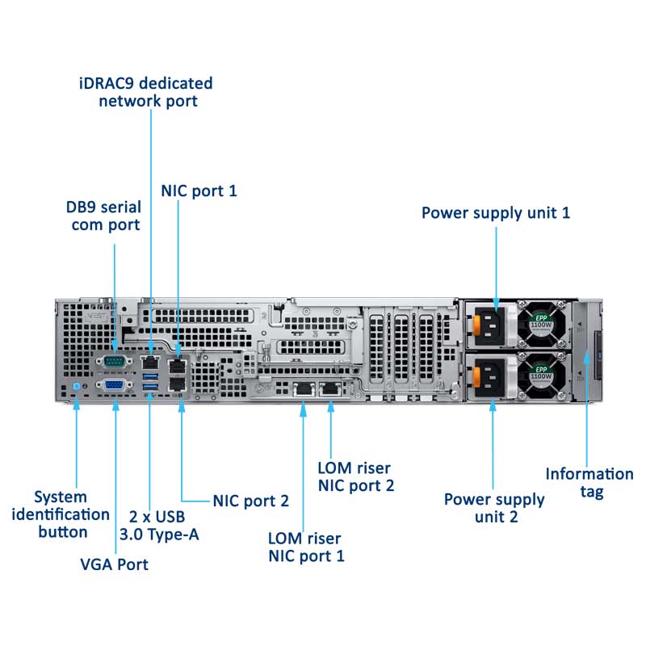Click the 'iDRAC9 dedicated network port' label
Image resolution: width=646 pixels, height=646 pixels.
point(145,92)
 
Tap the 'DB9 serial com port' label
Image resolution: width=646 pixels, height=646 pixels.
point(105,216)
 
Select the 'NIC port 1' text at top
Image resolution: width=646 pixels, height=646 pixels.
point(199,191)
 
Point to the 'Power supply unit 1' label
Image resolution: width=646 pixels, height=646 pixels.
point(496,213)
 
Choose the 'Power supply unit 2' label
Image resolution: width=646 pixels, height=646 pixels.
point(494,508)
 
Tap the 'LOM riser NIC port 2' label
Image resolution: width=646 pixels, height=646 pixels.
point(355,476)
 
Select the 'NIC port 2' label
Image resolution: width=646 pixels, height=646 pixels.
point(250,501)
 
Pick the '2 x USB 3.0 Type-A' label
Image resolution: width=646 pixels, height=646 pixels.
point(157,525)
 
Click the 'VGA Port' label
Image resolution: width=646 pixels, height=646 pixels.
point(114,564)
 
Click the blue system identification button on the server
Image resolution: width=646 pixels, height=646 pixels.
point(76,387)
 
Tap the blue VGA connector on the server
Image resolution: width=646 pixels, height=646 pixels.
point(114,385)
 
